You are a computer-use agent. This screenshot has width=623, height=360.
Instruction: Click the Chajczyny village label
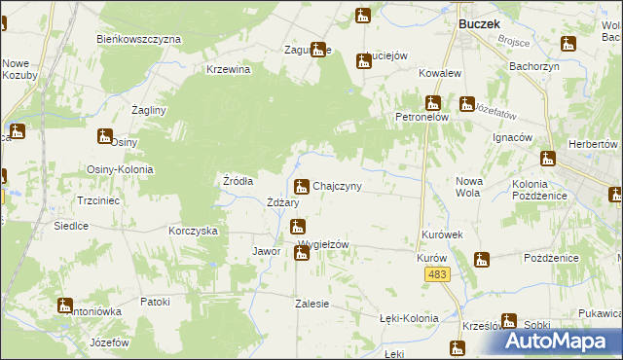[x=338, y=186]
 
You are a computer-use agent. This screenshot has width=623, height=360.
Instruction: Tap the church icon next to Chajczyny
[x=303, y=186]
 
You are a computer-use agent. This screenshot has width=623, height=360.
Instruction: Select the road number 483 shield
[x=437, y=277]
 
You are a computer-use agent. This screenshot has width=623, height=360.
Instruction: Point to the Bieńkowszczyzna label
[x=139, y=39]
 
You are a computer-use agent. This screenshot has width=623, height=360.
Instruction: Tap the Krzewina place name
[x=229, y=69]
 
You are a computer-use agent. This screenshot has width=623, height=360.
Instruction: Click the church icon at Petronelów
[x=434, y=102]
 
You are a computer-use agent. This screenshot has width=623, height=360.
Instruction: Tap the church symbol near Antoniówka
[x=65, y=306]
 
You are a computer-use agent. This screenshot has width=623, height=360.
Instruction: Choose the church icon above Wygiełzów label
[x=296, y=227]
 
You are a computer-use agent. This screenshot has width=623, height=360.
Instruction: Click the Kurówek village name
[x=441, y=235]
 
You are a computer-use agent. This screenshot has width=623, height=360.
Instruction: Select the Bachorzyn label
[x=532, y=67]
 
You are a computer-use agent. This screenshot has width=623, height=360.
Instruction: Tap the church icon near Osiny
[x=104, y=137]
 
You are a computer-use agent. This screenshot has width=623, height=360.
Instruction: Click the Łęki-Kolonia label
[x=409, y=318]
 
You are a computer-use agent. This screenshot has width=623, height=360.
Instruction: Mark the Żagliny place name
[x=149, y=110]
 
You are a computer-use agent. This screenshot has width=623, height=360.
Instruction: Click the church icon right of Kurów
[x=481, y=260]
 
